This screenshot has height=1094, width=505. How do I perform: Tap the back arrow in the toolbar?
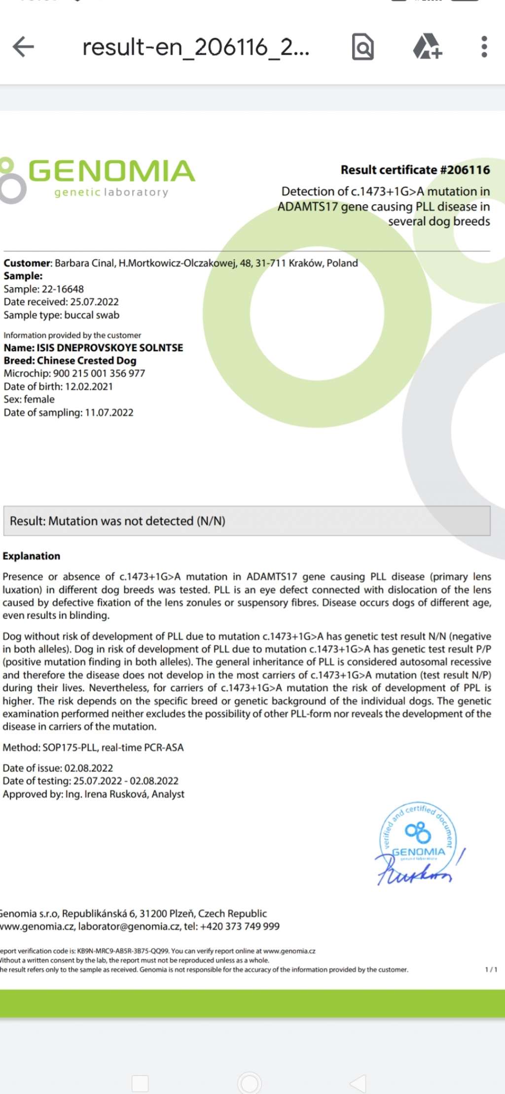pos(23,47)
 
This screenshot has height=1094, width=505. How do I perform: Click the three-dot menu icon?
pos(484,47)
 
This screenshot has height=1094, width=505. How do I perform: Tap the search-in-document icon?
pos(362,47)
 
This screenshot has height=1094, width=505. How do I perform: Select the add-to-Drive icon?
pos(427,47)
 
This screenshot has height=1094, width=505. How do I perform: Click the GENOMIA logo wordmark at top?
pos(111,171)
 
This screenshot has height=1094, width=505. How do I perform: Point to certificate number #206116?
pos(465,170)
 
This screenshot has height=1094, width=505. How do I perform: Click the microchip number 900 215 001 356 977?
pos(99,373)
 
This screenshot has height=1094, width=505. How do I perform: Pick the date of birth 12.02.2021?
pos(89,387)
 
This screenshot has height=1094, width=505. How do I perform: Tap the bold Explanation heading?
pos(32,556)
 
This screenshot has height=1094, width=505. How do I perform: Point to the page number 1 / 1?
pos(491,970)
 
